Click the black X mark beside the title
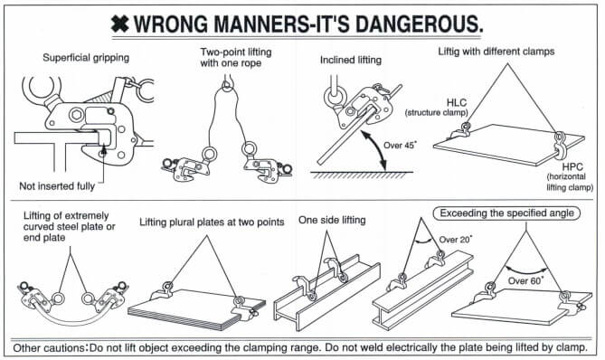pyautogui.click(x=120, y=24)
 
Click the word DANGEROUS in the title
pyautogui.click(x=419, y=24)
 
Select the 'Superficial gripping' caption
pyautogui.click(x=86, y=58)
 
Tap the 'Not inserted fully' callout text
pyautogui.click(x=57, y=186)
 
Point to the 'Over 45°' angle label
pyautogui.click(x=400, y=145)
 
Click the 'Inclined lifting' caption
pyautogui.click(x=351, y=60)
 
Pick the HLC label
pyautogui.click(x=457, y=102)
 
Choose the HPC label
pyautogui.click(x=572, y=167)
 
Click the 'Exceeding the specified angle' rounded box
pyautogui.click(x=506, y=213)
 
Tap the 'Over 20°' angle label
pyautogui.click(x=455, y=239)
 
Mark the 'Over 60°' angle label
pyautogui.click(x=525, y=280)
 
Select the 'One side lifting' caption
pyautogui.click(x=332, y=220)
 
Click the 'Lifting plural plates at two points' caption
pyautogui.click(x=212, y=223)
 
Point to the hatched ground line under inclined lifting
pyautogui.click(x=362, y=175)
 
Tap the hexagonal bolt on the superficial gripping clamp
pyautogui.click(x=75, y=114)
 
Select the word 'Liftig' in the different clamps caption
pyautogui.click(x=449, y=52)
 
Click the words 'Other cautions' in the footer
pyautogui.click(x=48, y=347)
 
